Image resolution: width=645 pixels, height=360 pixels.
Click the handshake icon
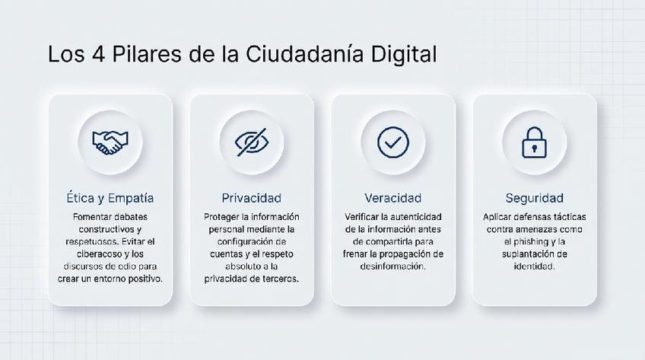click(x=110, y=142)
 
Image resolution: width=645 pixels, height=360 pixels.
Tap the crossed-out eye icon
click(x=251, y=142)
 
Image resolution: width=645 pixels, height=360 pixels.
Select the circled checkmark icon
click(x=392, y=142)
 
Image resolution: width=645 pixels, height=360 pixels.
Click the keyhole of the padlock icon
click(x=534, y=148)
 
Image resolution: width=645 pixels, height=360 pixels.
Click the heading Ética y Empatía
click(x=110, y=198)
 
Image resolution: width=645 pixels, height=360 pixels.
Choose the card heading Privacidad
click(x=251, y=198)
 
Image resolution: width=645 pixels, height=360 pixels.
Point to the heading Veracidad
click(x=392, y=198)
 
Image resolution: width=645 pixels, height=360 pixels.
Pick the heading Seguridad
click(x=535, y=198)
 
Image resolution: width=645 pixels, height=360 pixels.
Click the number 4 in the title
click(x=99, y=54)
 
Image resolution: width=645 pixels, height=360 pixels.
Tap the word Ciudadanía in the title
click(x=304, y=54)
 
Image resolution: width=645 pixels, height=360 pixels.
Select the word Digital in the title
click(x=404, y=54)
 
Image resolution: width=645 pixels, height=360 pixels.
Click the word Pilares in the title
click(x=147, y=54)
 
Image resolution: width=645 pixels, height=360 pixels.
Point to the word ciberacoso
click(x=97, y=254)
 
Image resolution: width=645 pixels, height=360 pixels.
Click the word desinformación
click(x=392, y=266)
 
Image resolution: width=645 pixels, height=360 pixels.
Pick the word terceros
click(x=281, y=279)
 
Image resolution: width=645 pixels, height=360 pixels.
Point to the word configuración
click(x=246, y=242)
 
